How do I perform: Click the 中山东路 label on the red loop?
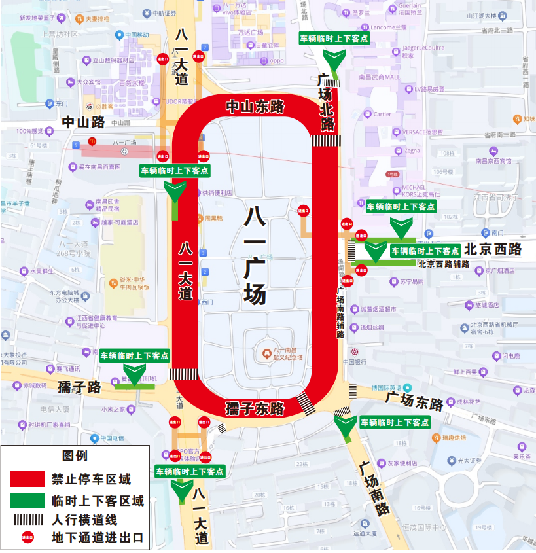255,106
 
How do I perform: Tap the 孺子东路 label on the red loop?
255,409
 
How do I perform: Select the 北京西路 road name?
493,250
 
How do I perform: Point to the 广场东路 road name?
414,400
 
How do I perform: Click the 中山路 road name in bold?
83,122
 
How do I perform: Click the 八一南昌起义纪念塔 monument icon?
266,354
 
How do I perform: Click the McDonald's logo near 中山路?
93,141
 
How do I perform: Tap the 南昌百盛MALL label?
379,77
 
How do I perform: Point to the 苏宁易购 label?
412,282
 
